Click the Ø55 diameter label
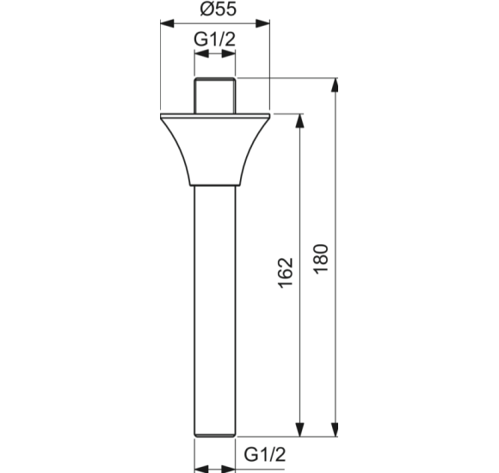click(x=215, y=10)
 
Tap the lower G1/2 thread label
click(x=264, y=454)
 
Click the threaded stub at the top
click(x=215, y=95)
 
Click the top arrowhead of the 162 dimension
click(x=300, y=120)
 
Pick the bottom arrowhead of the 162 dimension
click(x=300, y=433)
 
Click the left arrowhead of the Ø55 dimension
click(x=166, y=25)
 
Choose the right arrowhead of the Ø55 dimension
click(x=265, y=25)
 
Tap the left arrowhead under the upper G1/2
click(x=200, y=53)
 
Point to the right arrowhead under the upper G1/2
click(x=231, y=53)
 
